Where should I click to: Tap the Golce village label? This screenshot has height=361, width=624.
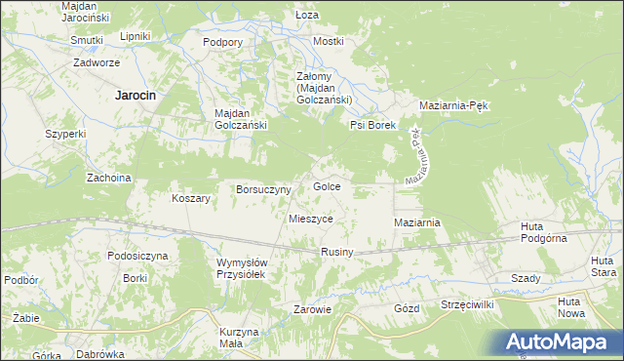pos(326,186)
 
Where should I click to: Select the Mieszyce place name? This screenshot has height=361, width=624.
pos(311,220)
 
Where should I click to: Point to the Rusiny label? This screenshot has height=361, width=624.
pos(336,253)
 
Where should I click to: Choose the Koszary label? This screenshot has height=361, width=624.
pos(191,198)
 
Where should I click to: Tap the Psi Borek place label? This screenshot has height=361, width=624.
pos(371,126)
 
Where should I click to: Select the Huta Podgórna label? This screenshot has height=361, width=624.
pos(544,233)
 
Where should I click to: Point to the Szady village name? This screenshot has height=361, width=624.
pos(526,278)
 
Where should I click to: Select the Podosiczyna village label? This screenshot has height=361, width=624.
pos(137,256)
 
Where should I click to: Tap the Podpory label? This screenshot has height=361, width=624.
pos(222,42)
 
